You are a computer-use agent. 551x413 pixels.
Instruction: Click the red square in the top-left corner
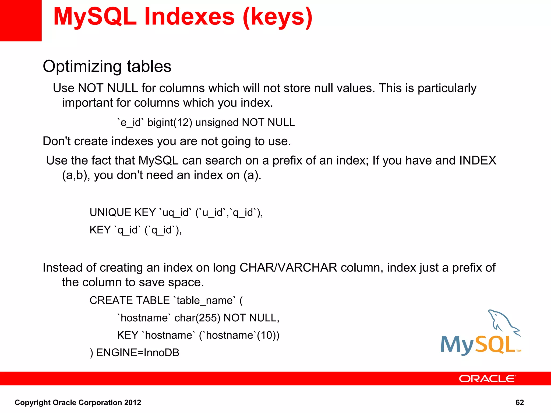tap(20, 20)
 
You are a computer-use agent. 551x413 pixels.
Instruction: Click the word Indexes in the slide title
tap(189, 17)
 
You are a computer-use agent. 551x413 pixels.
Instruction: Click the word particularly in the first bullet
tap(447, 88)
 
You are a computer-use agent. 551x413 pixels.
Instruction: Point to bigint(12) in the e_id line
tap(169, 123)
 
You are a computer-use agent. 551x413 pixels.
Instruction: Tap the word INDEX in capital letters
tap(478, 161)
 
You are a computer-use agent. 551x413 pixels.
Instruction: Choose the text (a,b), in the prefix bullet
tap(76, 175)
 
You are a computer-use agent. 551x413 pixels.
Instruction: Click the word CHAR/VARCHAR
tap(288, 268)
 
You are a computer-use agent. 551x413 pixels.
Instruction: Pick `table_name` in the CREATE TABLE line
tap(204, 300)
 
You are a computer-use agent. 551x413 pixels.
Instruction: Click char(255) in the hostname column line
tap(197, 318)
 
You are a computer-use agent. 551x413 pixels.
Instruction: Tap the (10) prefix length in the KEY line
tap(266, 335)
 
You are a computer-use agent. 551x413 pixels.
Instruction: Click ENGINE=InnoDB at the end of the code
tap(138, 353)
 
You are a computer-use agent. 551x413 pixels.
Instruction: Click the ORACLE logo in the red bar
tap(487, 379)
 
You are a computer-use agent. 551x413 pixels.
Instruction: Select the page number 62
tap(519, 403)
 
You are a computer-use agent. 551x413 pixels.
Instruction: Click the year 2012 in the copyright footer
tap(132, 403)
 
